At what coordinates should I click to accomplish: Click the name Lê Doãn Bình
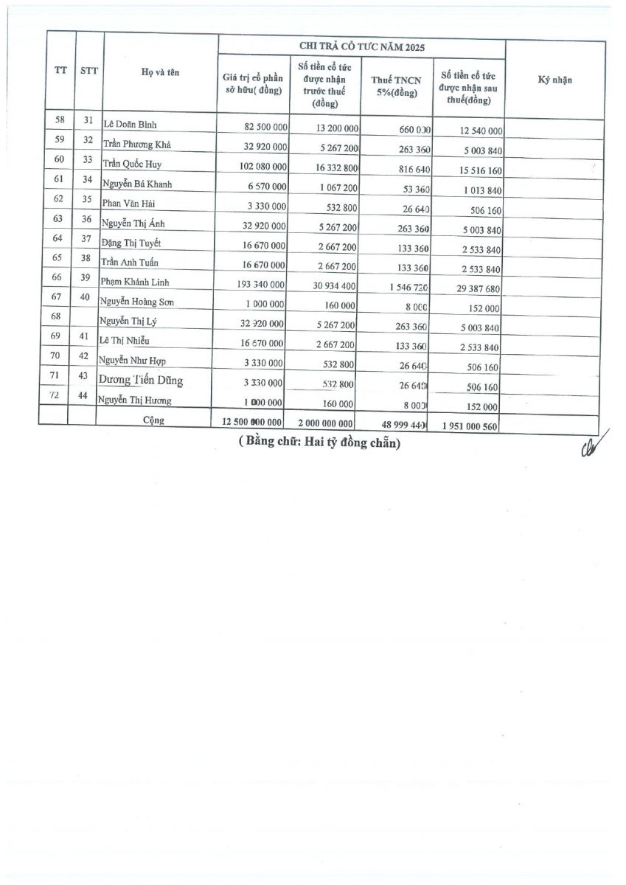pyautogui.click(x=129, y=124)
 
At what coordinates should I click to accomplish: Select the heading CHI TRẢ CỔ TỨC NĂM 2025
pyautogui.click(x=361, y=46)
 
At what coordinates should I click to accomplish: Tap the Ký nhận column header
pyautogui.click(x=555, y=80)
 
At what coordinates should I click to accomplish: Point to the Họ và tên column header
pyautogui.click(x=161, y=72)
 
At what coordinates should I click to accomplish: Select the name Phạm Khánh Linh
pyautogui.click(x=136, y=282)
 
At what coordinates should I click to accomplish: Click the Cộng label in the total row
pyautogui.click(x=154, y=420)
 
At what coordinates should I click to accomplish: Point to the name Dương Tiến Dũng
pyautogui.click(x=141, y=381)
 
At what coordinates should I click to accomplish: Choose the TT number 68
pyautogui.click(x=54, y=317)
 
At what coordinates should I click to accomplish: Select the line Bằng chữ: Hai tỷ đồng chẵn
pyautogui.click(x=319, y=444)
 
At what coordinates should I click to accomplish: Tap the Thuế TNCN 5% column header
pyautogui.click(x=395, y=87)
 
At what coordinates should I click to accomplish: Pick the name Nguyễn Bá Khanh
pyautogui.click(x=137, y=184)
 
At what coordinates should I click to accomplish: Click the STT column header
pyautogui.click(x=89, y=72)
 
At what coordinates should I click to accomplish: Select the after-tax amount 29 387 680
pyautogui.click(x=470, y=288)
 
